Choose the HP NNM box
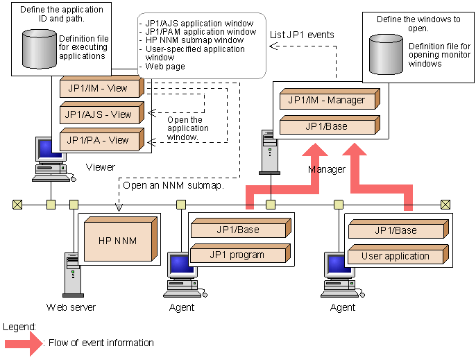(x=117, y=241)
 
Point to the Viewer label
(x=101, y=167)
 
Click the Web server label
(x=71, y=307)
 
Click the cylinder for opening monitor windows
(x=386, y=55)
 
